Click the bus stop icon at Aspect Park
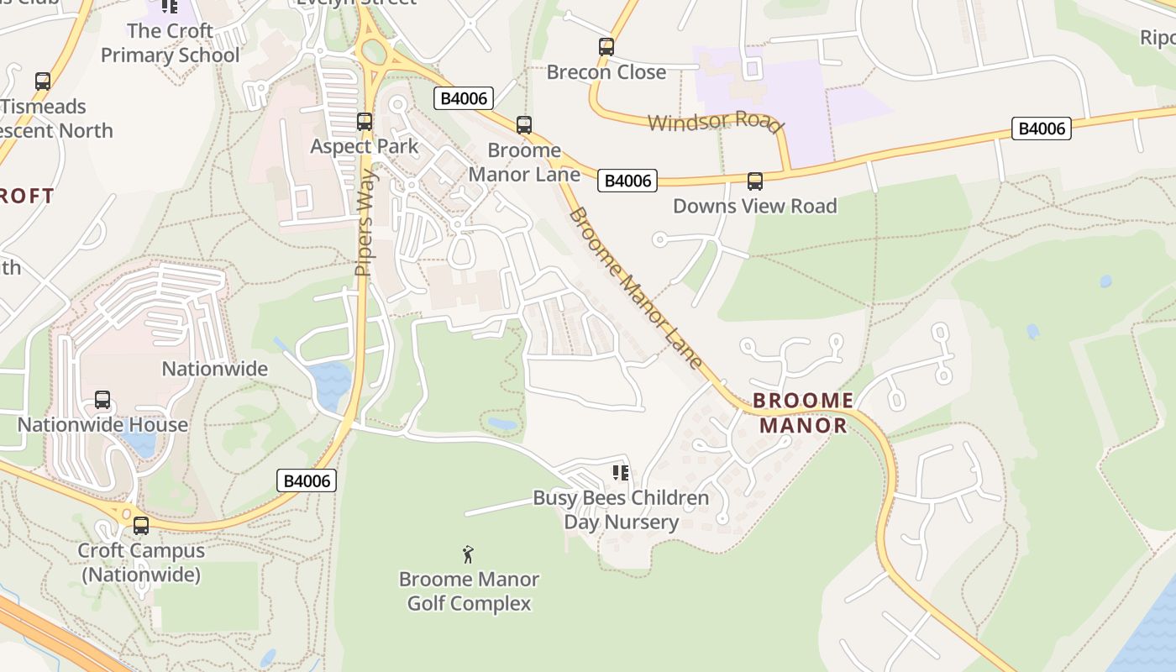[x=364, y=122]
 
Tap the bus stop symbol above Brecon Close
[x=606, y=47]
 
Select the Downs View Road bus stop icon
[x=754, y=181]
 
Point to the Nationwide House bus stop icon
[x=102, y=400]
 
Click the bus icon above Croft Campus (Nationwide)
[x=140, y=526]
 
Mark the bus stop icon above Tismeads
[x=42, y=81]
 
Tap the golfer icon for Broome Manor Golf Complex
[x=468, y=554]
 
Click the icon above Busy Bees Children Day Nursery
[x=620, y=473]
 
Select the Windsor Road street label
[x=715, y=122]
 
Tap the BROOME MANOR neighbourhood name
[x=803, y=412]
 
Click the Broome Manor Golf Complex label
[x=469, y=591]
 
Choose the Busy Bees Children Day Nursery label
[x=621, y=510]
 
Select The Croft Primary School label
[x=170, y=43]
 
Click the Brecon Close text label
[x=606, y=72]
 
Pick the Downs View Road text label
[x=754, y=206]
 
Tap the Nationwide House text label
[x=102, y=424]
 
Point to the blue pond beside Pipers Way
[x=329, y=383]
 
